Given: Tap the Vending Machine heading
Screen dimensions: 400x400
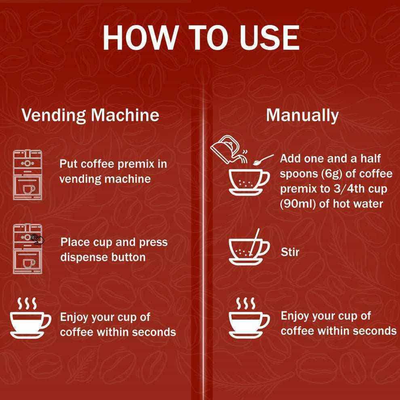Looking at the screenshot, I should (90, 115).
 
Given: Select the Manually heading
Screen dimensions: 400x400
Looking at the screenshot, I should (302, 115).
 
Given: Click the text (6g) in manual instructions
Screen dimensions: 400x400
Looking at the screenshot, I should (334, 174).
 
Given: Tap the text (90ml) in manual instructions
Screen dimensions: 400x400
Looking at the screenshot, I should (298, 204).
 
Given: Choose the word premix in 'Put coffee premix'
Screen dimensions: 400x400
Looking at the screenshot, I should (145, 164).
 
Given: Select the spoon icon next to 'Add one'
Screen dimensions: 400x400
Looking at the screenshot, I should (263, 159).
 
